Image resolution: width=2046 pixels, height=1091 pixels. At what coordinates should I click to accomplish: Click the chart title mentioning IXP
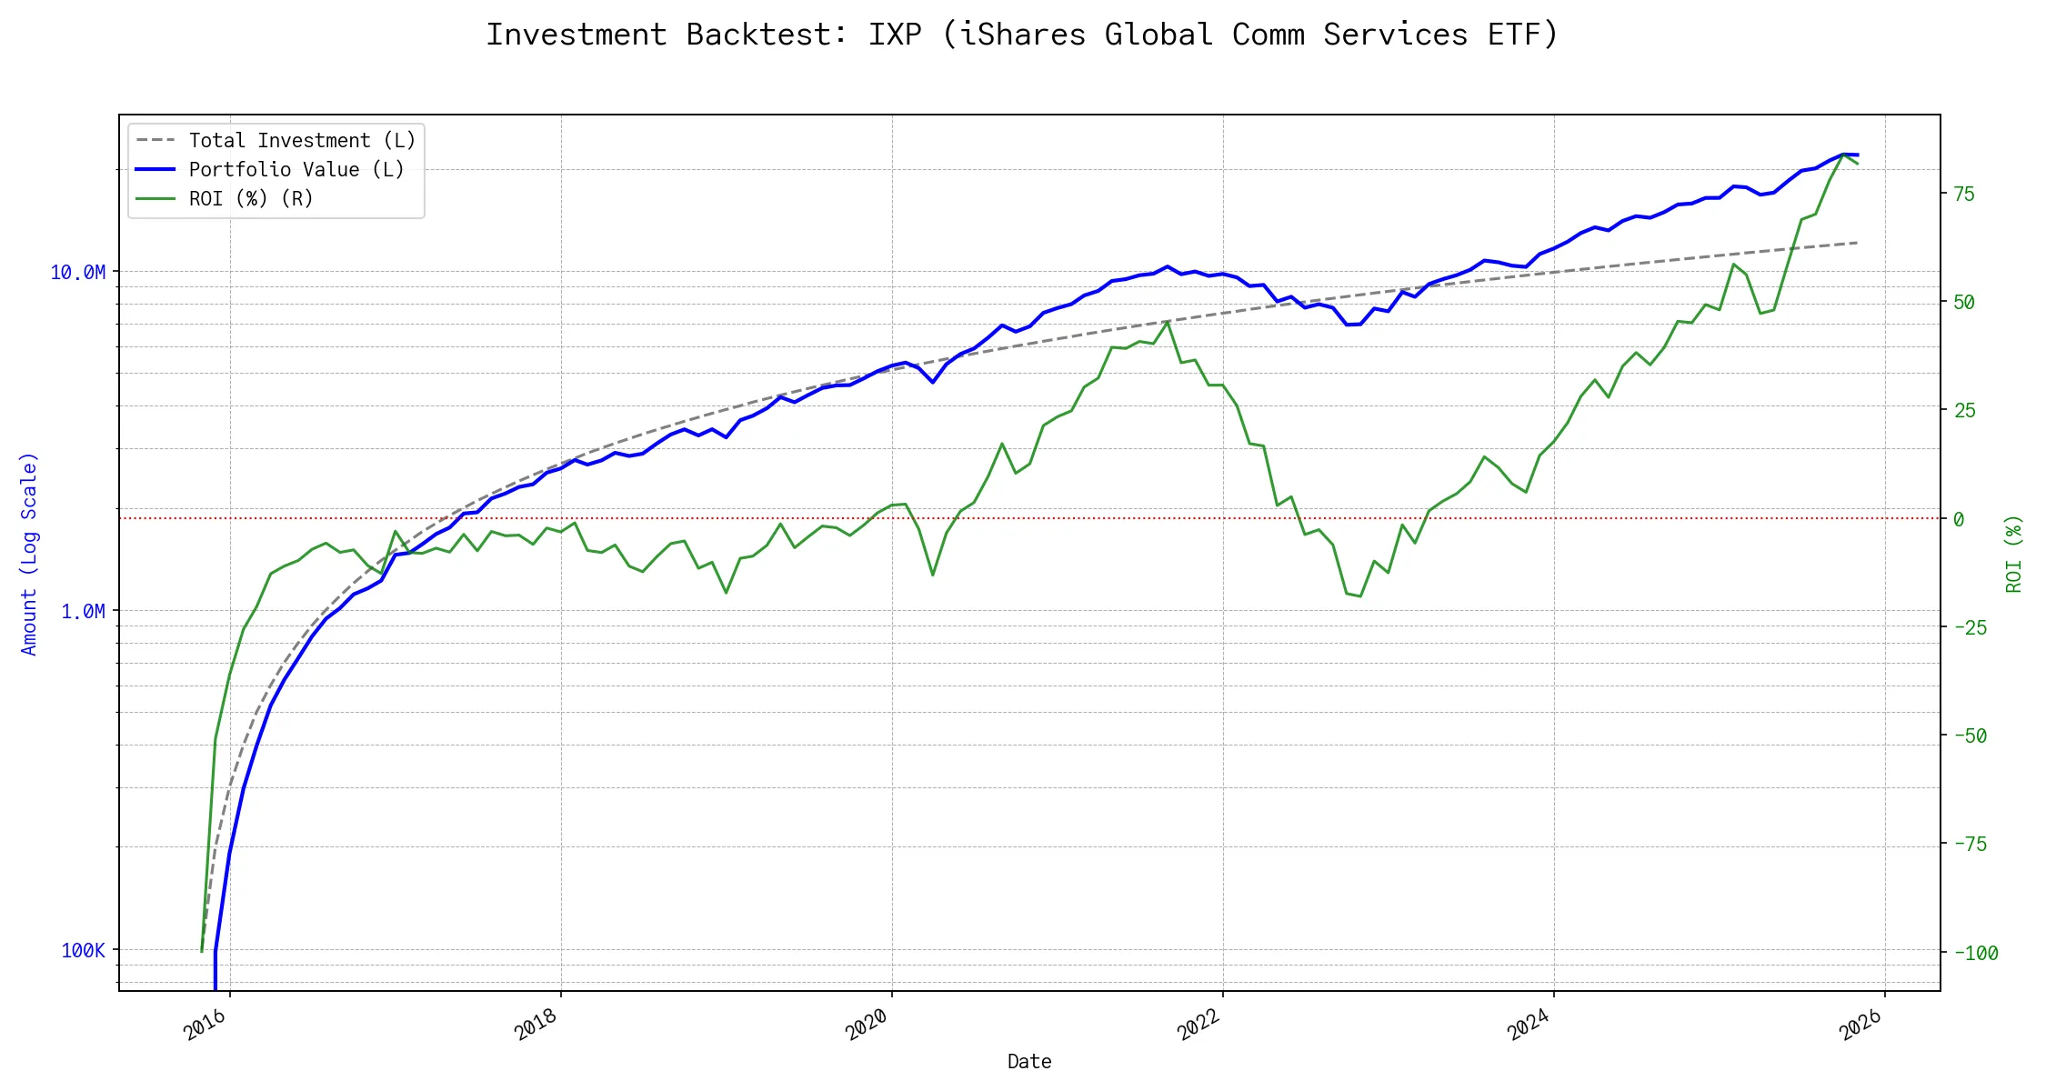click(1022, 35)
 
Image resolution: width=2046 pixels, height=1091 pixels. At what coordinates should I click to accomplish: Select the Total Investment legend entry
click(302, 141)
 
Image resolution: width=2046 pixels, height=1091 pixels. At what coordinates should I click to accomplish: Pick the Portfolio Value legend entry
click(296, 170)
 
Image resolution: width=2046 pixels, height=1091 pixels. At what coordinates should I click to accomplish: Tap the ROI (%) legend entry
click(251, 199)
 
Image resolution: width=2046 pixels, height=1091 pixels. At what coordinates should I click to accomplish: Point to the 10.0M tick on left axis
click(78, 273)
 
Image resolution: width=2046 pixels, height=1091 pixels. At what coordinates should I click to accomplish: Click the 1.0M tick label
click(84, 612)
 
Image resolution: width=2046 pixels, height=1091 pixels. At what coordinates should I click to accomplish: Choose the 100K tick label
click(84, 951)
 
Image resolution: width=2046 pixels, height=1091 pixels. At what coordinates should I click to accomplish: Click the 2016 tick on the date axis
click(206, 1026)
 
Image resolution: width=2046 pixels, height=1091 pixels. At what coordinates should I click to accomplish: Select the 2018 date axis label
click(537, 1026)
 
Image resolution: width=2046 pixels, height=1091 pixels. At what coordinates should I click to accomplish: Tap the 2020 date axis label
click(868, 1026)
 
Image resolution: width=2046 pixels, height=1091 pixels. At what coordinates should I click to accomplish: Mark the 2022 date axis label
click(1199, 1026)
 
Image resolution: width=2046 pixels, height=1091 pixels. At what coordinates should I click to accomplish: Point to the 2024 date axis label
click(1529, 1026)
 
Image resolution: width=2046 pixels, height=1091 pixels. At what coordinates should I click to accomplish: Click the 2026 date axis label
click(1860, 1026)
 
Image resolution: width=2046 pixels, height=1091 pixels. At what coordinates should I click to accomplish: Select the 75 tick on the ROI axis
click(1964, 195)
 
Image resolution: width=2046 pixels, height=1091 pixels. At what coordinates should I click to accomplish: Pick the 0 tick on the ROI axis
click(1959, 520)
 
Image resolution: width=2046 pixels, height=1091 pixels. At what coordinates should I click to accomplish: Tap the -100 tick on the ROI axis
click(1976, 954)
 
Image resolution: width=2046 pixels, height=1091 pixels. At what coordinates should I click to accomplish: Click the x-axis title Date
click(1029, 1062)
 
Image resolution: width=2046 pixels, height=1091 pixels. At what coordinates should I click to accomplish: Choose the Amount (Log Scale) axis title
click(30, 554)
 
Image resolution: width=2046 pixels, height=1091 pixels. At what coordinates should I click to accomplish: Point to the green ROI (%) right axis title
click(2014, 554)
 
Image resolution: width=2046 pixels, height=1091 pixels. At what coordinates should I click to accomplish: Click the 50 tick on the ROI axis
click(1964, 303)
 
